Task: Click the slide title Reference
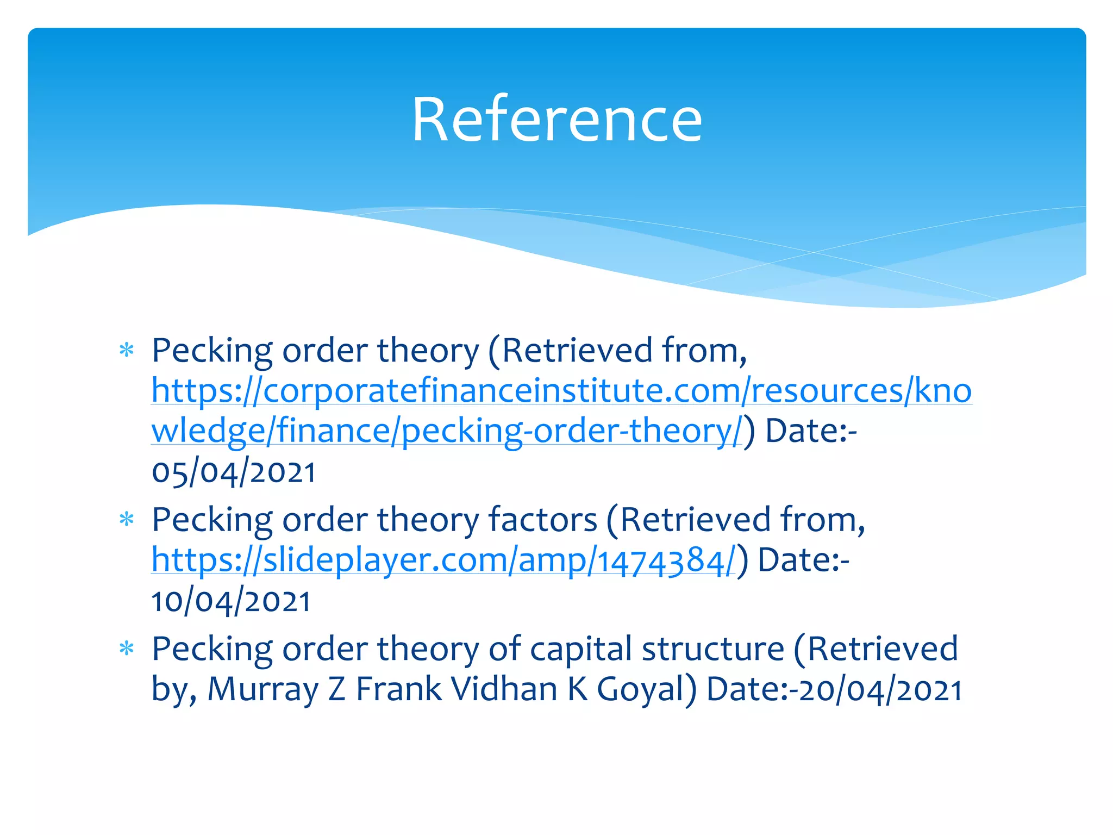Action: [x=556, y=120]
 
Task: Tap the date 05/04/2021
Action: [x=234, y=472]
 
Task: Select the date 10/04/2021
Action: [x=231, y=601]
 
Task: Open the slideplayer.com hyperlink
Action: [x=443, y=560]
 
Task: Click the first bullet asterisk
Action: [x=127, y=351]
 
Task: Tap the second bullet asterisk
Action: [x=127, y=520]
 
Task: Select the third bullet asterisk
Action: [x=127, y=649]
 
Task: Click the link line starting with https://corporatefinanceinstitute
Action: [x=561, y=390]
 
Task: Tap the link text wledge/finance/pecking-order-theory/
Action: [x=446, y=431]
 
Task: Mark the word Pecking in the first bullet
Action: [x=212, y=351]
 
